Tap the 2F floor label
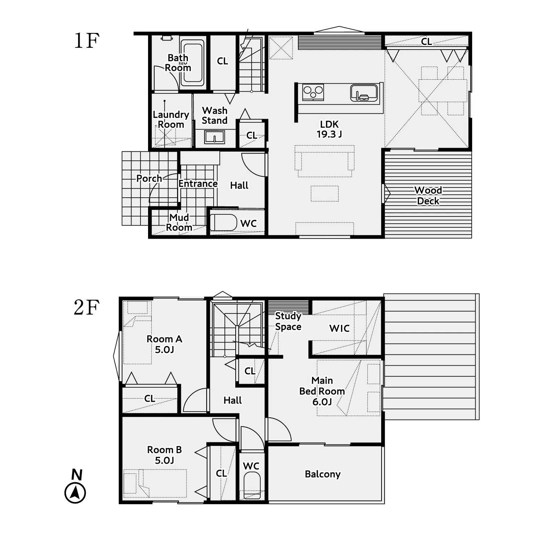(87, 308)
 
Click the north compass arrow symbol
(75, 493)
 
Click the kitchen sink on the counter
(364, 92)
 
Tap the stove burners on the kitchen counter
(313, 92)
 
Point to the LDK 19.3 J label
(329, 129)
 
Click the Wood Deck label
(428, 195)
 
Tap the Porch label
(149, 178)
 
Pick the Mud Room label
(179, 222)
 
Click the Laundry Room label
(171, 119)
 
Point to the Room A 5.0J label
(164, 344)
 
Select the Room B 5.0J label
(164, 455)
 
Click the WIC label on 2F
(340, 328)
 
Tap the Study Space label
(288, 321)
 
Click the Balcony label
(323, 474)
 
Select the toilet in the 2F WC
(252, 486)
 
